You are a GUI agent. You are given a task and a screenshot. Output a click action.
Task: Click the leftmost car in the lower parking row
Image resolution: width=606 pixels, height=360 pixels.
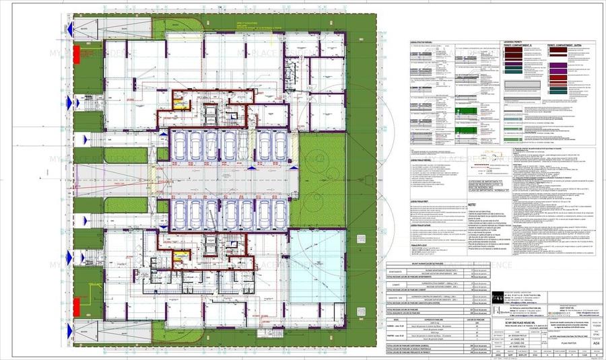pyautogui.click(x=178, y=214)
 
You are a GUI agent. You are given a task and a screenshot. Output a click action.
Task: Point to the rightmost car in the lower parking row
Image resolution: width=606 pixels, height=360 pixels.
pyautogui.click(x=279, y=214)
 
